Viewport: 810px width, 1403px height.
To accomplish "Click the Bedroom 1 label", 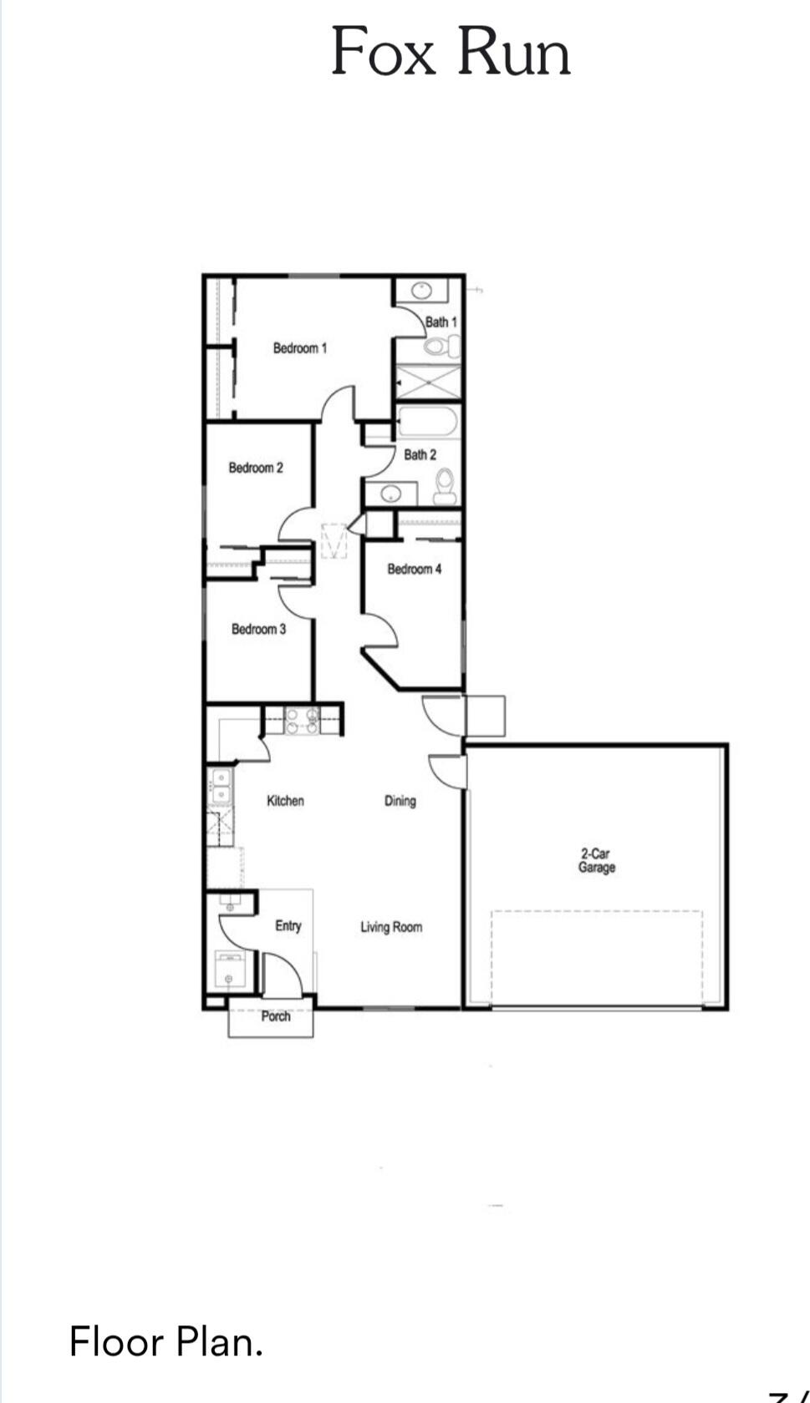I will point(299,348).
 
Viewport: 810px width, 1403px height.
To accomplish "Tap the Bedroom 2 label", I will point(256,468).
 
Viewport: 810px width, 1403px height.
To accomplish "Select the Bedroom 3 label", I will point(258,629).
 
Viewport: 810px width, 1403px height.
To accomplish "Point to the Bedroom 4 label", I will point(414,569).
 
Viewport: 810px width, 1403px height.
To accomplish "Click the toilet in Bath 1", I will point(440,346).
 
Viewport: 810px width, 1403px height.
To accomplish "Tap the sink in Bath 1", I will point(420,291).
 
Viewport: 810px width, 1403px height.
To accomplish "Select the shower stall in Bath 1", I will point(428,381).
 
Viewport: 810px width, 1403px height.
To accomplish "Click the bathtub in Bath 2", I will point(427,421).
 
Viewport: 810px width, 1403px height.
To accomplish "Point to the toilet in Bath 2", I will point(445,485).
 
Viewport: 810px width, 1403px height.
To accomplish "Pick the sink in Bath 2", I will point(390,494).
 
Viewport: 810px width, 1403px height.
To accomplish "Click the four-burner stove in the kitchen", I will point(302,721).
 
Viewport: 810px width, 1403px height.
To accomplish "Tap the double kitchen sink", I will point(221,788).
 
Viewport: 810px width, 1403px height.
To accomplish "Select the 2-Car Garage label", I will point(596,860).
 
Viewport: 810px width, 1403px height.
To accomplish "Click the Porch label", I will point(275,1016).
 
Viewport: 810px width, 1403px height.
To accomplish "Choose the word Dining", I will point(400,801).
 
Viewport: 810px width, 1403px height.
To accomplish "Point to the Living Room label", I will point(390,927).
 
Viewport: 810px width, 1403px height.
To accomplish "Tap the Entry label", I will point(288,925).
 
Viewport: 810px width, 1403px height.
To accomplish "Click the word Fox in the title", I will point(383,52).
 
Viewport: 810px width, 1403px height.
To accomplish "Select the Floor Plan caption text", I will point(166,1342).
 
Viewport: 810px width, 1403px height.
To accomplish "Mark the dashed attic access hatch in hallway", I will point(334,540).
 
